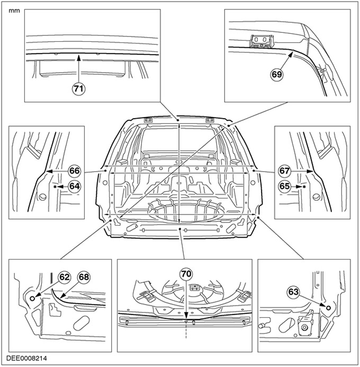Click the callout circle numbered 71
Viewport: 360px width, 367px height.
[x=78, y=89]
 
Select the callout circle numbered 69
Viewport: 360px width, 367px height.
[x=277, y=74]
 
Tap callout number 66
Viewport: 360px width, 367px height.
[x=75, y=171]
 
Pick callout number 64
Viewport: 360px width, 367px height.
[x=75, y=186]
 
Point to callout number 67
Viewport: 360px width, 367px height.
[x=284, y=171]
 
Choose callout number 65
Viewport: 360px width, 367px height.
[x=284, y=186]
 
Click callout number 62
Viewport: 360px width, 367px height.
[x=65, y=277]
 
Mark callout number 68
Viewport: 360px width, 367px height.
[x=84, y=277]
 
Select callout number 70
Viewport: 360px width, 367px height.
[x=186, y=274]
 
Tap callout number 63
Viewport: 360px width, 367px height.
[x=293, y=292]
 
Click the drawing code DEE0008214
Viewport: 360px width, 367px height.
[x=26, y=359]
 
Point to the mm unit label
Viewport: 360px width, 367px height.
[x=14, y=11]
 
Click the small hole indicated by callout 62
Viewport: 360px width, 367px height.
[x=32, y=298]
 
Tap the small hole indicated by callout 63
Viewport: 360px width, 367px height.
[x=328, y=308]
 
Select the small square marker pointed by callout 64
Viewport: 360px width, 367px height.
[x=55, y=186]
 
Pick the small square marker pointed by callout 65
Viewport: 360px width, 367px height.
[x=304, y=186]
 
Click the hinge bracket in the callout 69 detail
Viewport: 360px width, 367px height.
[x=261, y=41]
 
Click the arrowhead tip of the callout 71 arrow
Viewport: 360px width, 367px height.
[x=78, y=55]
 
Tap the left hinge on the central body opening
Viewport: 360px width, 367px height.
[x=148, y=120]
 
